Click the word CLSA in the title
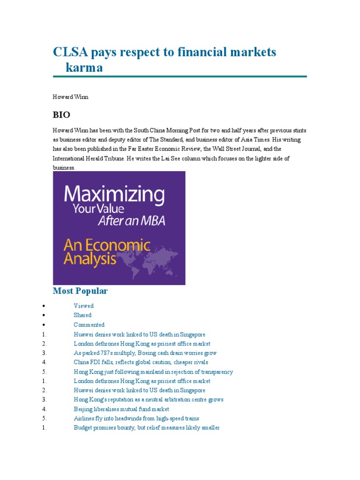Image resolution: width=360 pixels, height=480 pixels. [x=70, y=52]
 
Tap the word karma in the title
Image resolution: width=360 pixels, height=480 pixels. [x=84, y=67]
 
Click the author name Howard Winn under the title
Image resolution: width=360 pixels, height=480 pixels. [x=70, y=97]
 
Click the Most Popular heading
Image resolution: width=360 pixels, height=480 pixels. [x=80, y=291]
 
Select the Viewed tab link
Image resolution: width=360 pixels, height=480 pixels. [x=83, y=306]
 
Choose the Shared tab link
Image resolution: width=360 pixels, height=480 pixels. [x=82, y=315]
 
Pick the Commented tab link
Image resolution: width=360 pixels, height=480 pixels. [x=89, y=324]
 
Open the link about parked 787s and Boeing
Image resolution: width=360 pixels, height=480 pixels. [x=145, y=353]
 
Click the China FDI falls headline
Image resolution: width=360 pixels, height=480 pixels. [x=141, y=362]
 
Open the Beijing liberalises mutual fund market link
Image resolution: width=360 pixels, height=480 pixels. [x=121, y=409]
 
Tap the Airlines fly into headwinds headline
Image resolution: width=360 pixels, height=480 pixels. [x=136, y=419]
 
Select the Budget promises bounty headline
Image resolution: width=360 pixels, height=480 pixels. [x=146, y=428]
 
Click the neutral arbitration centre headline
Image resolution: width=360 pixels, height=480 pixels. [x=148, y=400]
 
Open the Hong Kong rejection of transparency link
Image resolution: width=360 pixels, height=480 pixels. [x=153, y=372]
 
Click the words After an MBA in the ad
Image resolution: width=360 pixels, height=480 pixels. [x=131, y=221]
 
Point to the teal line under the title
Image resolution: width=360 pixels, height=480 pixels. [x=180, y=76]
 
